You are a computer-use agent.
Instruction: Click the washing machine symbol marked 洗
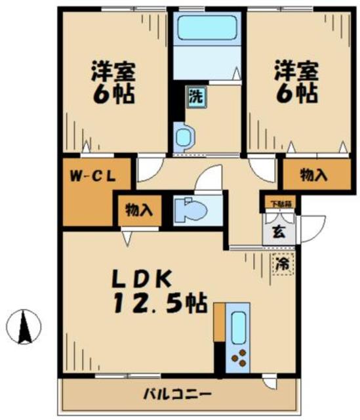(195, 96)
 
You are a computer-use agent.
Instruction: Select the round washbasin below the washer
(184, 136)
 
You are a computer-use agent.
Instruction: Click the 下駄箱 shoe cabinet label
(279, 203)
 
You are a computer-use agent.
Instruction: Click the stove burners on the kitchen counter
(239, 358)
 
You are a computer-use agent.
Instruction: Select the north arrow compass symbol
(24, 324)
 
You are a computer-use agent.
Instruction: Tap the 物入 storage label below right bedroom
(313, 175)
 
